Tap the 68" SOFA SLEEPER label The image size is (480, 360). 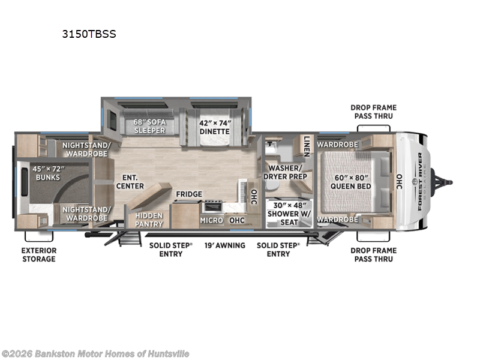point(149,126)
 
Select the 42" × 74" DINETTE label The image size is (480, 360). point(214,126)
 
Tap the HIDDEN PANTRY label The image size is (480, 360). point(148,219)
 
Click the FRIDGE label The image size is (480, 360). point(188,194)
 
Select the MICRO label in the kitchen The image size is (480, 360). point(212,221)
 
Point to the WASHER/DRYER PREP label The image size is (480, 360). point(287,172)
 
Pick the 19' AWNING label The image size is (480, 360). point(224,245)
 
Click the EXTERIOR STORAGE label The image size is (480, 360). point(40,254)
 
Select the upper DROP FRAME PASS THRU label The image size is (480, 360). point(373,112)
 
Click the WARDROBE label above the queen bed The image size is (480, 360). point(337,145)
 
